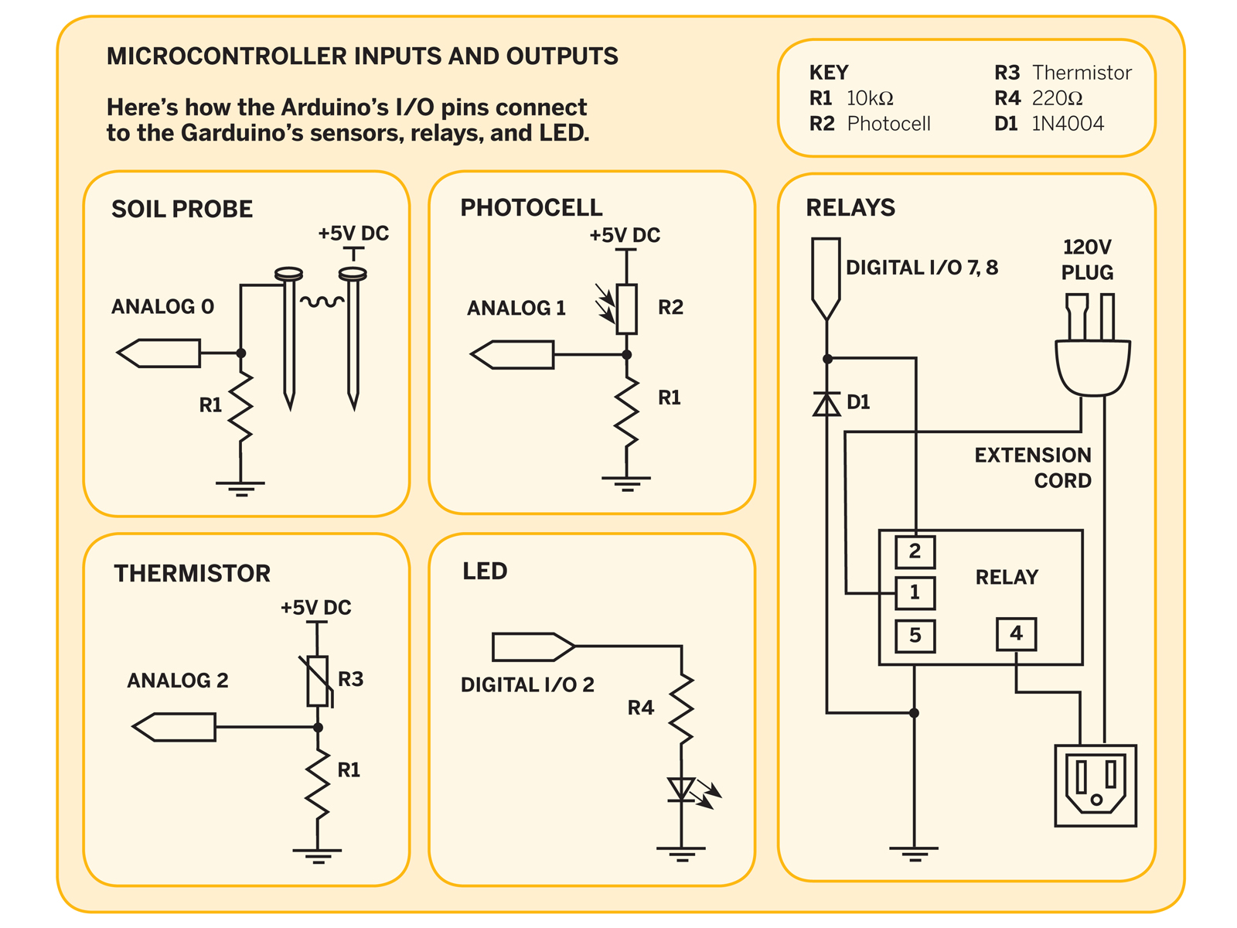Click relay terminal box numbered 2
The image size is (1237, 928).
915,551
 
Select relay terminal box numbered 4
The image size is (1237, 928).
1016,633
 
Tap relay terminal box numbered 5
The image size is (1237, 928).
915,636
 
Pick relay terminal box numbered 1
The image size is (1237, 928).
915,592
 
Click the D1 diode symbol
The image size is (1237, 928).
826,404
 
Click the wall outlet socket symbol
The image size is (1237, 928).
1095,786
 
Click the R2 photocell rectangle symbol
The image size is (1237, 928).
626,309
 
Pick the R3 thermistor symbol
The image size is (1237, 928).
319,681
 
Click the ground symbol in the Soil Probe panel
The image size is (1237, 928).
240,489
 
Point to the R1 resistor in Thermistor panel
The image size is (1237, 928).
317,784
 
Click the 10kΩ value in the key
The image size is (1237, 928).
870,98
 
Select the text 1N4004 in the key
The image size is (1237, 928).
1067,124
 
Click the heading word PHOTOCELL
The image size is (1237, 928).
531,207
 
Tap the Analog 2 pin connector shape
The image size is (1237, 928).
174,727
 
